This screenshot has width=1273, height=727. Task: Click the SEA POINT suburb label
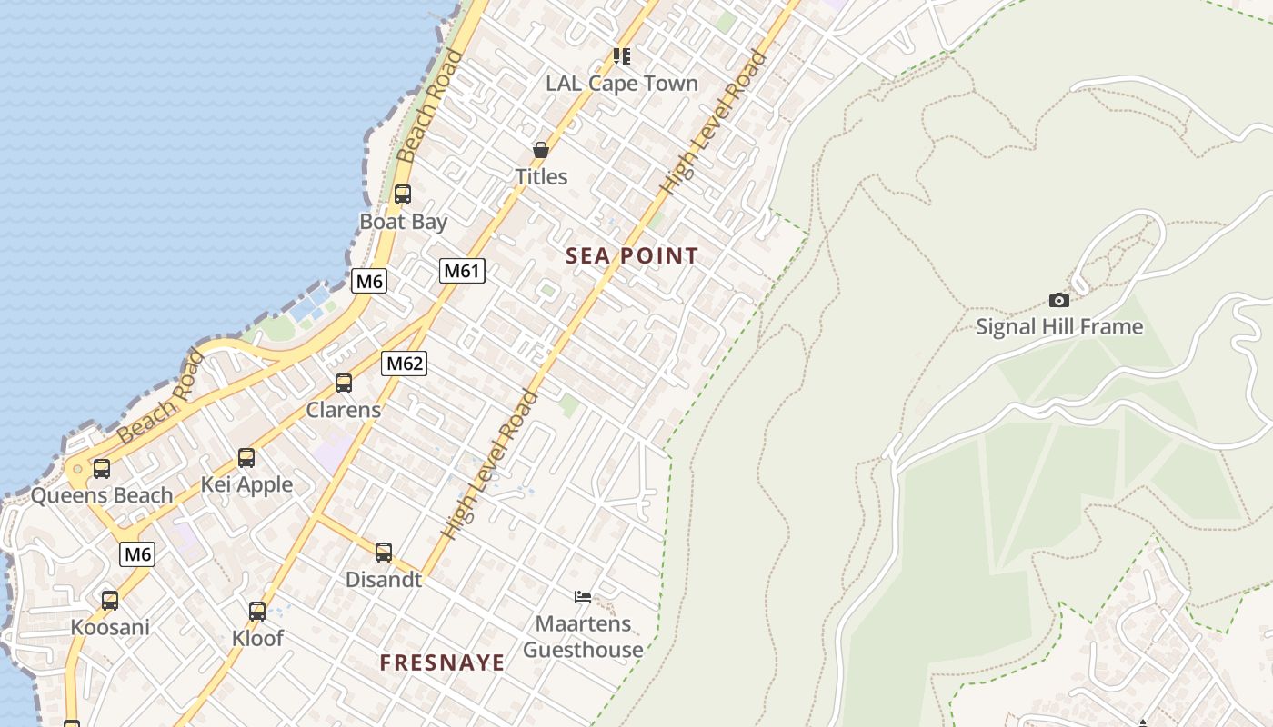click(x=632, y=256)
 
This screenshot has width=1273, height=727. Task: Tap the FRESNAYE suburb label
click(x=442, y=662)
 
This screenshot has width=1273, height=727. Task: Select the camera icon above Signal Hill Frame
click(x=1058, y=300)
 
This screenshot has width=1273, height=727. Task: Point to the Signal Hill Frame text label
click(x=1058, y=326)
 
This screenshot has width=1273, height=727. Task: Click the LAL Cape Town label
click(x=622, y=84)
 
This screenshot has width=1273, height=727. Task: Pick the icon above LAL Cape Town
click(x=622, y=56)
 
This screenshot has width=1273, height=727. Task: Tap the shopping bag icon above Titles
click(x=541, y=150)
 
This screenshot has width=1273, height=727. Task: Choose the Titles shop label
click(x=541, y=176)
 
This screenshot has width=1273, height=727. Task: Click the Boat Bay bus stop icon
click(x=402, y=194)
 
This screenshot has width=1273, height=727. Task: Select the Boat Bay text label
click(x=403, y=222)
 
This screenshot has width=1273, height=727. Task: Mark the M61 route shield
click(x=462, y=270)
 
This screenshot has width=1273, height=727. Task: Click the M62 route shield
click(x=404, y=363)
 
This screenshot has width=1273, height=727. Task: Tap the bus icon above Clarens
click(x=343, y=383)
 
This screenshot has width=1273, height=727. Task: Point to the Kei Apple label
click(x=246, y=484)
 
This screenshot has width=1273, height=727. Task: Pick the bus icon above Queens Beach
click(x=102, y=469)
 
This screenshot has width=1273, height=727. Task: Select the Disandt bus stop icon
click(x=384, y=552)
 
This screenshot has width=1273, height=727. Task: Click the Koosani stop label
click(x=110, y=627)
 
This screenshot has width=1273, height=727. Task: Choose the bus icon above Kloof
click(x=257, y=612)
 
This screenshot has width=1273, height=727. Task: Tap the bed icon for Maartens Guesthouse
click(x=583, y=597)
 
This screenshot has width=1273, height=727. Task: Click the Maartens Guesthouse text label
click(x=583, y=636)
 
